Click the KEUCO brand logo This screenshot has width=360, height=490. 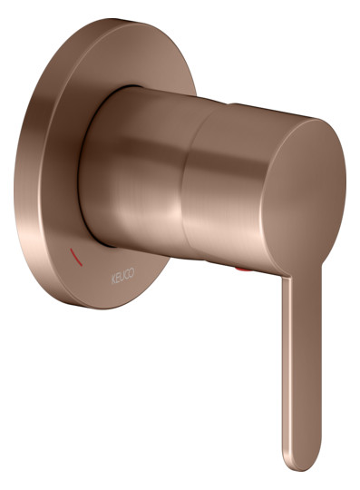point(122,276)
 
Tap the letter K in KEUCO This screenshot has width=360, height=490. point(113,279)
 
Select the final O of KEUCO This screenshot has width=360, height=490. point(131,272)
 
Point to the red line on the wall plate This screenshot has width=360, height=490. point(76,257)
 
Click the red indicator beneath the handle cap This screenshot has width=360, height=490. point(243,269)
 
